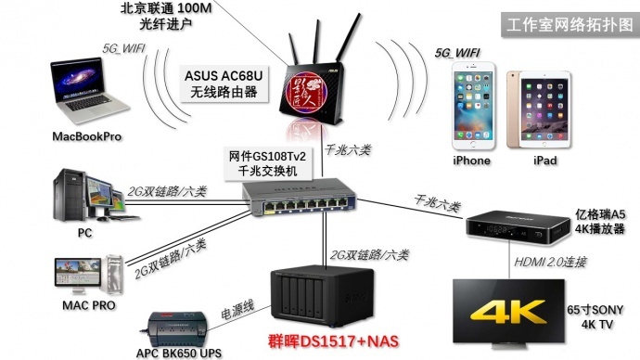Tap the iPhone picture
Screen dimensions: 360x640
pyautogui.click(x=471, y=108)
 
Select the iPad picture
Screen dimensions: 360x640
pyautogui.click(x=544, y=108)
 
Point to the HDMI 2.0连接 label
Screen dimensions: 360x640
pyautogui.click(x=550, y=264)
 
